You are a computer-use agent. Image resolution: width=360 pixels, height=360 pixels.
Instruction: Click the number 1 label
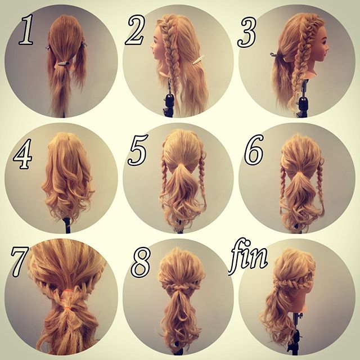tap(26, 29)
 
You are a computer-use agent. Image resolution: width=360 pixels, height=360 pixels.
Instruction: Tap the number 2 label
tap(136, 30)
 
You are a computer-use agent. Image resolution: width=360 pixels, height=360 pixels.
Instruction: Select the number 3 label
tap(247, 32)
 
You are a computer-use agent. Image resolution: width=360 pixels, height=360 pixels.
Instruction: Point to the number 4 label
tap(23, 154)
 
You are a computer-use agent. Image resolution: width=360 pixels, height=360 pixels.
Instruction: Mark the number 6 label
tap(254, 150)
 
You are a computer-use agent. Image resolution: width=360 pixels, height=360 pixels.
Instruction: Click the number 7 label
tap(19, 262)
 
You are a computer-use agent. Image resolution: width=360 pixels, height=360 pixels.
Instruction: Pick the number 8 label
tap(141, 262)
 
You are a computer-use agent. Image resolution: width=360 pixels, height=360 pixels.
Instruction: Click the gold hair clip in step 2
tap(199, 59)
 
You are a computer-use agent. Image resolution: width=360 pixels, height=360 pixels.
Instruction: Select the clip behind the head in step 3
tap(277, 56)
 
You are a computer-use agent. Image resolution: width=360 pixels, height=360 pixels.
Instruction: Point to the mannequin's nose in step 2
tap(152, 48)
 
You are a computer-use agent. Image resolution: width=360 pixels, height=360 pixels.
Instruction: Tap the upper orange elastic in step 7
tap(66, 291)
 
